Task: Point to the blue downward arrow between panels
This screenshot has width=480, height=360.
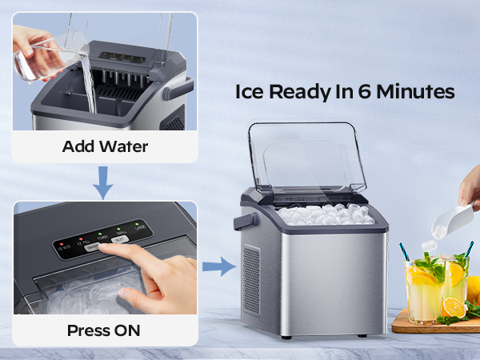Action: tap(102, 183)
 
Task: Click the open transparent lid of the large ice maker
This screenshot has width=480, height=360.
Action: tap(306, 158)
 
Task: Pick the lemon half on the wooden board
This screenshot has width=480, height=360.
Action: tap(453, 306)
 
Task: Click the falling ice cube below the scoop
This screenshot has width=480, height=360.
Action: tap(430, 245)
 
